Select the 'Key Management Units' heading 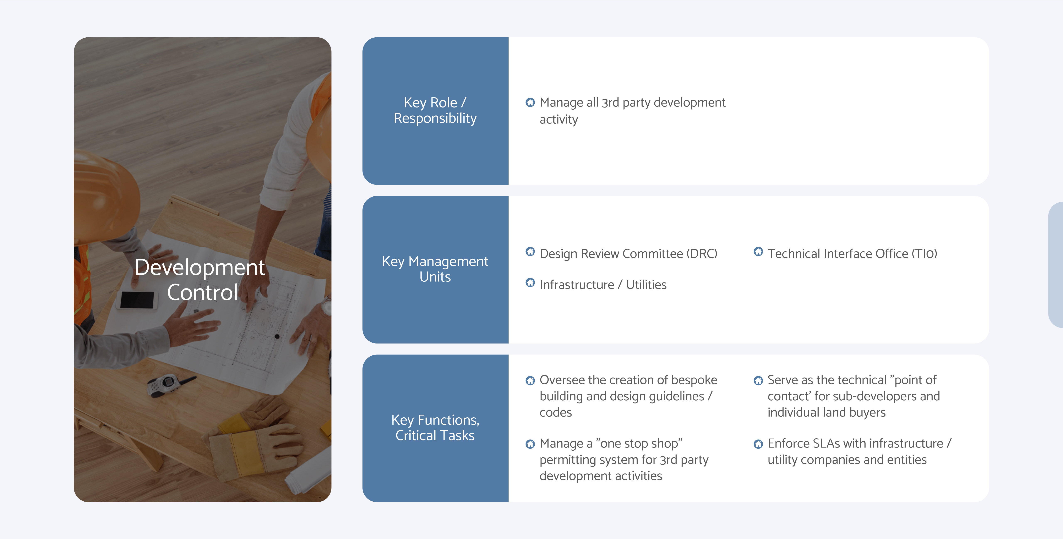(435, 269)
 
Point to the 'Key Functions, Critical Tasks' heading (435, 428)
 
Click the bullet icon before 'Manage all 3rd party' (530, 102)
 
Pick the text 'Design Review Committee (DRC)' (628, 254)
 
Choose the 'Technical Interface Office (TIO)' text (852, 254)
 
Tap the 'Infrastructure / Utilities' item (603, 285)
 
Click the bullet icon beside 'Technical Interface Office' (758, 252)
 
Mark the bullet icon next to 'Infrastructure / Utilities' (530, 282)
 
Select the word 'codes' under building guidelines (555, 412)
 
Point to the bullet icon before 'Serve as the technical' (758, 380)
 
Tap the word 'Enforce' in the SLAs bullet (788, 443)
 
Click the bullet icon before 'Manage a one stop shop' (530, 444)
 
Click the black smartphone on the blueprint (137, 300)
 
